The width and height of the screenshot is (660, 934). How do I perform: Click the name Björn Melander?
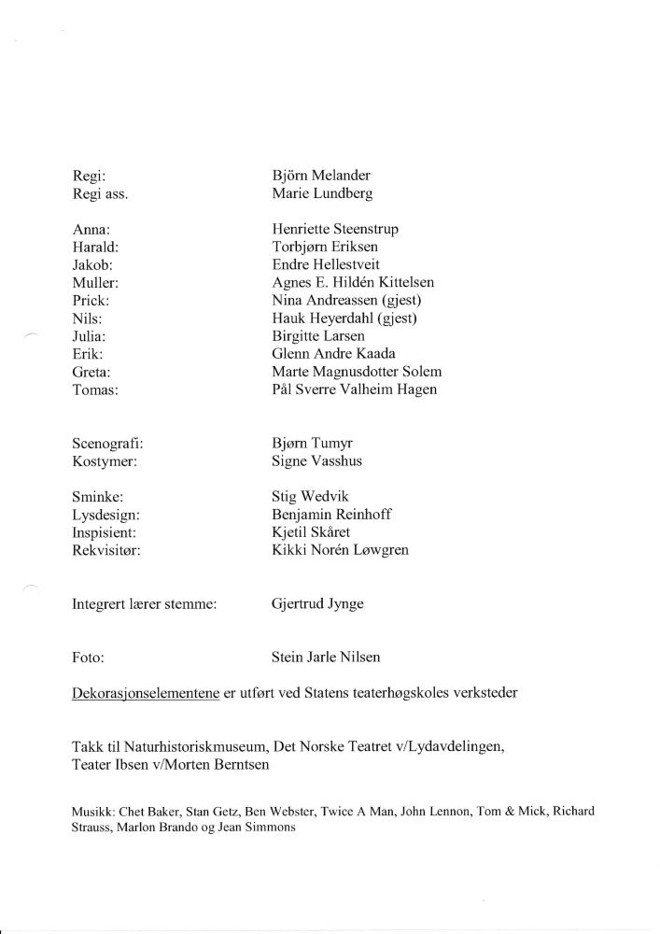tap(321, 176)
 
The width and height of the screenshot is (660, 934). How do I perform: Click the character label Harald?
tap(95, 247)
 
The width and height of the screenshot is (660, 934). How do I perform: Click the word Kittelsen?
tap(402, 282)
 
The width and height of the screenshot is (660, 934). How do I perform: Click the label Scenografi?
tap(107, 444)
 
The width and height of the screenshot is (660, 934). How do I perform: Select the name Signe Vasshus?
tap(316, 461)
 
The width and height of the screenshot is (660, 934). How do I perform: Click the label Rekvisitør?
tap(105, 550)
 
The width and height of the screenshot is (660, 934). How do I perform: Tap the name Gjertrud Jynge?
tap(317, 604)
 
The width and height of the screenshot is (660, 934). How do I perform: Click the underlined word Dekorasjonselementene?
tap(146, 693)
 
